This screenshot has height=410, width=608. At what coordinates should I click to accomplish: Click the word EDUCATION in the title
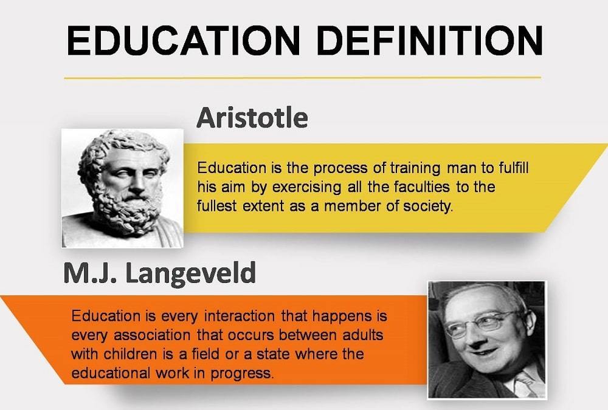pyautogui.click(x=184, y=40)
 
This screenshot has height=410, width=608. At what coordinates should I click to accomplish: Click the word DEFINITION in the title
pyautogui.click(x=430, y=40)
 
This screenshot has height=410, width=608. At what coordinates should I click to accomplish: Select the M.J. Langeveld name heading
pyautogui.click(x=159, y=273)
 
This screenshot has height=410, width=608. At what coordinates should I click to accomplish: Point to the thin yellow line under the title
pyautogui.click(x=302, y=78)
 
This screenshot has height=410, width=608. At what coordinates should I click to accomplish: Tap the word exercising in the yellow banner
pyautogui.click(x=306, y=188)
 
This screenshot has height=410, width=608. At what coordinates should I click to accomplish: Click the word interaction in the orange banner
pyautogui.click(x=239, y=316)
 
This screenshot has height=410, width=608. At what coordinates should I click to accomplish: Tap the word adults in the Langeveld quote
pyautogui.click(x=362, y=335)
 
